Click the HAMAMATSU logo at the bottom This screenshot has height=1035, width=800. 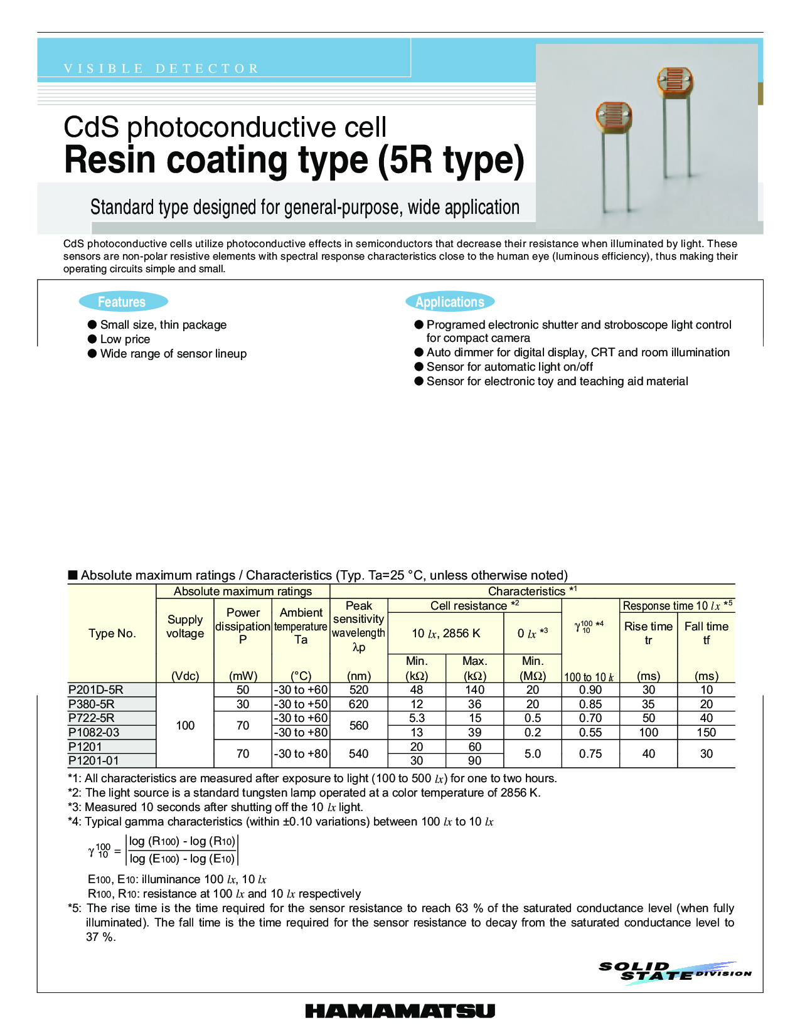400,1011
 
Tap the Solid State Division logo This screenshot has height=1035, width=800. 675,972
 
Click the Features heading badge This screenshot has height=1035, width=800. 123,302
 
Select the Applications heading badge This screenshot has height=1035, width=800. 450,302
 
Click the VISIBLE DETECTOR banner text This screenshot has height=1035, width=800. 161,68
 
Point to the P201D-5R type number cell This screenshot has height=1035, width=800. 96,689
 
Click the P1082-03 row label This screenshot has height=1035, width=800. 94,732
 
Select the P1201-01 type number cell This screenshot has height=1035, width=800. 93,760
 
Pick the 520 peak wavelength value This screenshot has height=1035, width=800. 358,689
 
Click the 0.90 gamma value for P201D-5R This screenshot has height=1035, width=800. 590,689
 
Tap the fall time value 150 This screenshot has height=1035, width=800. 706,732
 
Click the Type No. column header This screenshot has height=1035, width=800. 112,633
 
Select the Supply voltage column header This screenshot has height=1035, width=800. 185,626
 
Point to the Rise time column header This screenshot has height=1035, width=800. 648,632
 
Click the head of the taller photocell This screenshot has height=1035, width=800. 675,82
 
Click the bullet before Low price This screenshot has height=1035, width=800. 92,339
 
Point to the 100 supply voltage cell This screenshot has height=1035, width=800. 185,725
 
